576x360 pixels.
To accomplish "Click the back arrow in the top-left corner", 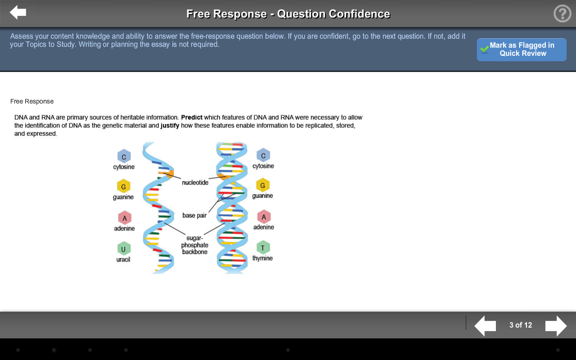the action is [x=18, y=12].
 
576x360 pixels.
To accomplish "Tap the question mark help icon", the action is [x=562, y=13].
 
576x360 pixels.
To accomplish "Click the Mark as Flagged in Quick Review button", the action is [x=522, y=49].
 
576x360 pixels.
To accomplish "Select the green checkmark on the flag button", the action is [x=485, y=49].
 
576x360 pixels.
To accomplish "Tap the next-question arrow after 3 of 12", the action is [x=556, y=326].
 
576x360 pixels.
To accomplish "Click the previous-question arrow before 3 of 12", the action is [x=485, y=326].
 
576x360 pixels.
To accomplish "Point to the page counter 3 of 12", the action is [x=521, y=325].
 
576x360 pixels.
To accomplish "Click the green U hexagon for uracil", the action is [x=124, y=249].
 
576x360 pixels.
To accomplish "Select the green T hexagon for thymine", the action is [x=263, y=247].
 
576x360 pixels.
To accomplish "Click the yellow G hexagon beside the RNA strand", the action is [x=123, y=186].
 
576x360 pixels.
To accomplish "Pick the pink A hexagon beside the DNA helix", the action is [x=264, y=217].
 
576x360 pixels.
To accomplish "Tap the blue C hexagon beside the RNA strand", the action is [x=124, y=156].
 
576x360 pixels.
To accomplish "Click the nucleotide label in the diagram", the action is [x=195, y=183].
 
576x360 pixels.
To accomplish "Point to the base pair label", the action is [x=194, y=215].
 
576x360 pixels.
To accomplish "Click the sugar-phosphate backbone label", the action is [x=195, y=245].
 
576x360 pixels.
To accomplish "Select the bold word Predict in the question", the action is [x=192, y=117].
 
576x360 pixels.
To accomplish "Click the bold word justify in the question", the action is [x=170, y=126].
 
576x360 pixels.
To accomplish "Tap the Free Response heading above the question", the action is [x=32, y=101].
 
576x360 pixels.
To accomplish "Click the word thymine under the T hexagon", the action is [x=262, y=258].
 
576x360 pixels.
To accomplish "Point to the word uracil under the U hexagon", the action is [x=123, y=260].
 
